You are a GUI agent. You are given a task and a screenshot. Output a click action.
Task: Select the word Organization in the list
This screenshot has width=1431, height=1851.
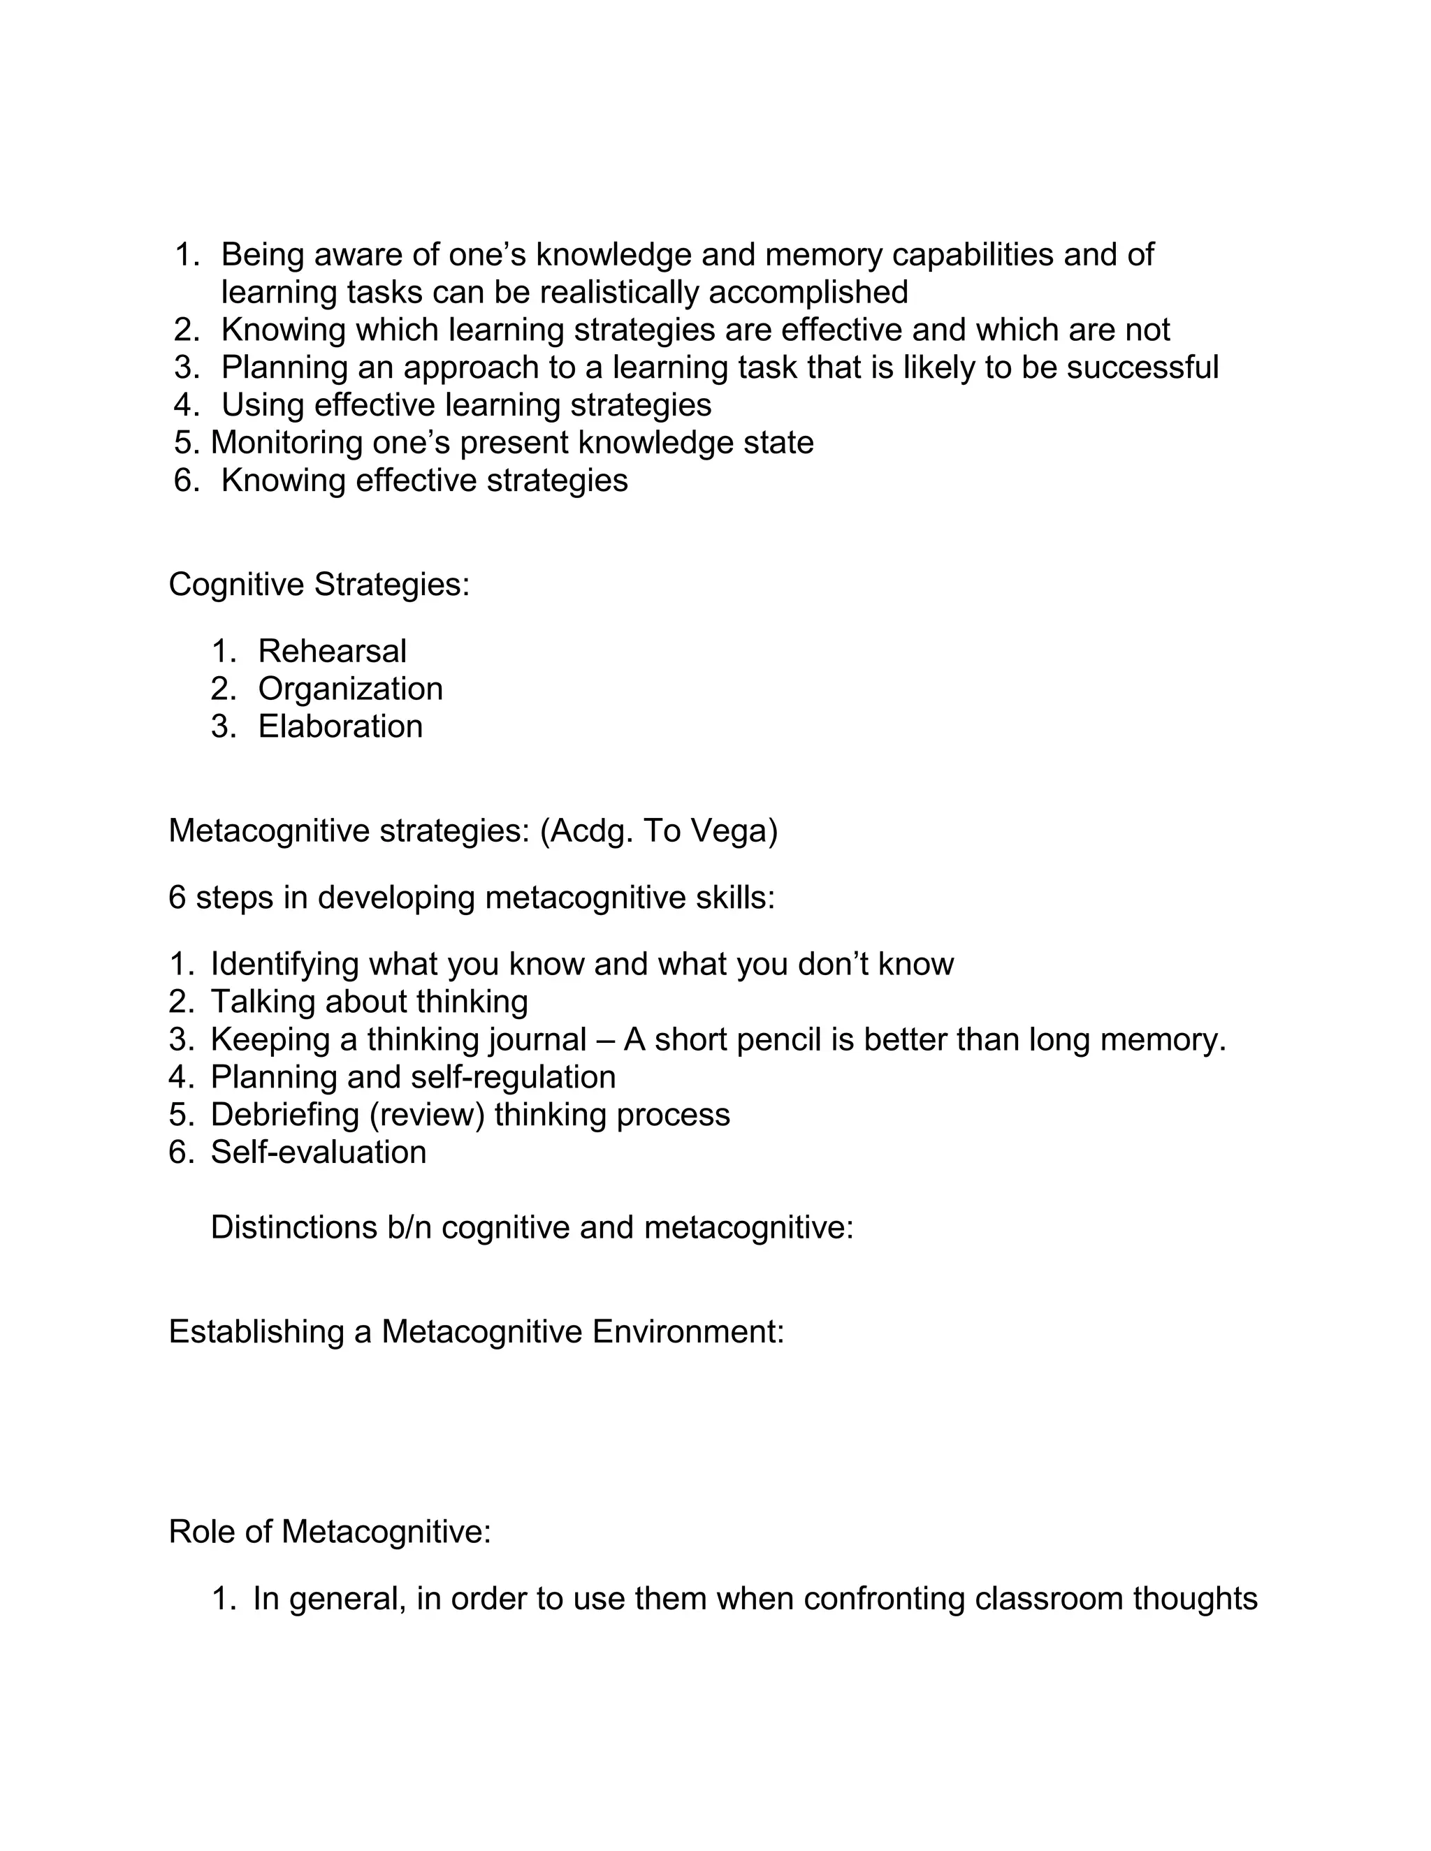tap(350, 689)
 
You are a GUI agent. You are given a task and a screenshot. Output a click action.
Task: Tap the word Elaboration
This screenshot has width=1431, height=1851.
tap(340, 727)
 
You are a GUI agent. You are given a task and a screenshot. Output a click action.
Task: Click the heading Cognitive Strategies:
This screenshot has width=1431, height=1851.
tap(319, 585)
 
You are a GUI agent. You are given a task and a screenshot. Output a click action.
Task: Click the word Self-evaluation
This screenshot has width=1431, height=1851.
tap(318, 1153)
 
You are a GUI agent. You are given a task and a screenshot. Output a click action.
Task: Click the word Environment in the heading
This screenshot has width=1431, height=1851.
tap(688, 1332)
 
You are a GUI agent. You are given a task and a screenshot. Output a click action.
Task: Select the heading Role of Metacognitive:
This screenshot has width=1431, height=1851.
tap(330, 1532)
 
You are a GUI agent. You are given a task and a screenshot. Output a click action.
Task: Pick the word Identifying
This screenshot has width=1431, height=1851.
tap(285, 965)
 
